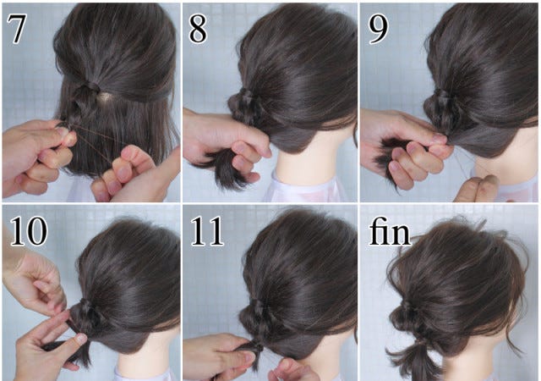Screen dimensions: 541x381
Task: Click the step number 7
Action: tap(16, 29)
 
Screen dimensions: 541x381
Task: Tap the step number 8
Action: tap(198, 29)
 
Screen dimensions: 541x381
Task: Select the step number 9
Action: tap(378, 29)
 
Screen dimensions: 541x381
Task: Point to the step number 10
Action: tap(28, 231)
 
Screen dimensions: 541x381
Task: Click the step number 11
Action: tap(207, 231)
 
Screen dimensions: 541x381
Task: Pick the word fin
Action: tap(390, 231)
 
